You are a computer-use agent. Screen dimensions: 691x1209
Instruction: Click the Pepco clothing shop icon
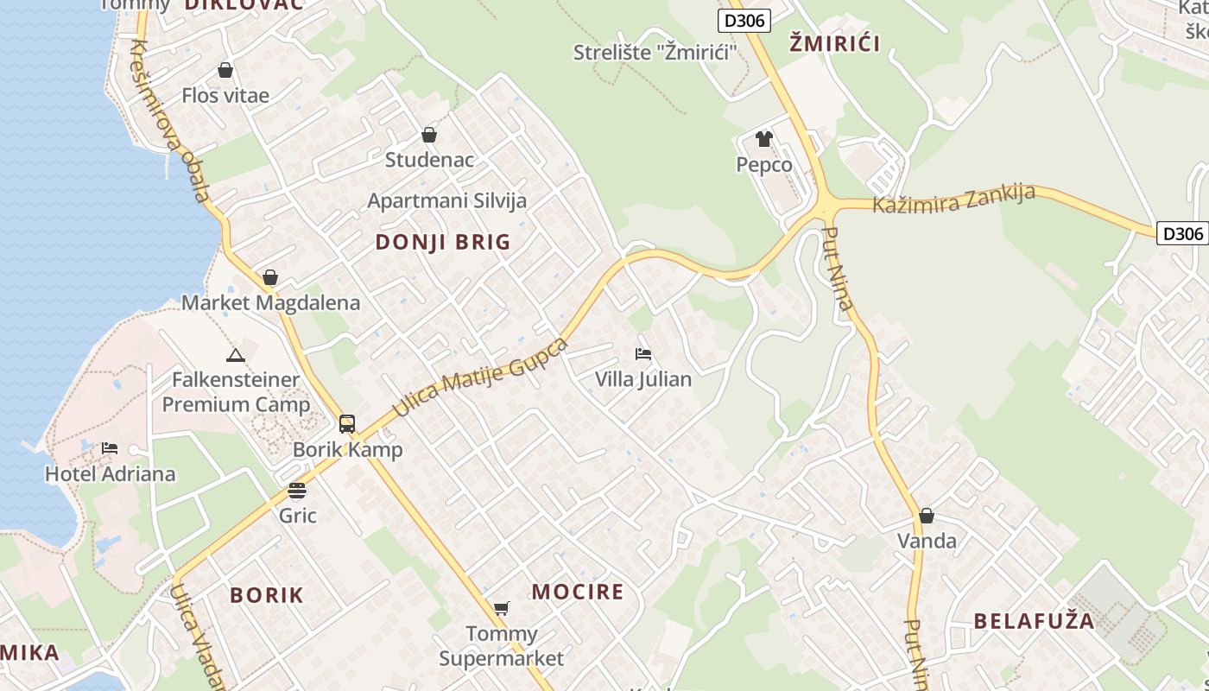[x=763, y=138]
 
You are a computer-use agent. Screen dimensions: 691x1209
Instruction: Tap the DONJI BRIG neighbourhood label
[x=443, y=243]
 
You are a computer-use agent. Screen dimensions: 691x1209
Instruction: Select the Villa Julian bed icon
[x=642, y=353]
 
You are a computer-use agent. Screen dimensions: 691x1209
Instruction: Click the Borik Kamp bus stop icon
[x=347, y=424]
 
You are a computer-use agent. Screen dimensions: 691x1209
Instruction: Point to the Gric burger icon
[x=297, y=491]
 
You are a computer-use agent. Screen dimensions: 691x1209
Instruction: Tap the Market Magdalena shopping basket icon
[x=270, y=277]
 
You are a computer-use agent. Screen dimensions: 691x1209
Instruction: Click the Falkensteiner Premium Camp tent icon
[x=235, y=355]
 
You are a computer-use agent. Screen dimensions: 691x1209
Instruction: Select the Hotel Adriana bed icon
[x=110, y=448]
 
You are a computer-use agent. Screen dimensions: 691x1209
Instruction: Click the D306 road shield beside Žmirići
[x=744, y=21]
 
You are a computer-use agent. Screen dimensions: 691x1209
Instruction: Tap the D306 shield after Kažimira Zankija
[x=1181, y=233]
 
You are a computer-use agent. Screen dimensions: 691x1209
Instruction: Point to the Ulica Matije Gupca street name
[x=480, y=377]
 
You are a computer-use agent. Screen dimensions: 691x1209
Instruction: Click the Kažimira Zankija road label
[x=953, y=199]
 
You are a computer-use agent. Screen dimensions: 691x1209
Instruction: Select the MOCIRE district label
[x=577, y=592]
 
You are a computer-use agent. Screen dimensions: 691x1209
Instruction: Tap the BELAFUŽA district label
[x=1034, y=621]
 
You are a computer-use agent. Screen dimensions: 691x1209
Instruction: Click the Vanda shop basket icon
[x=927, y=516]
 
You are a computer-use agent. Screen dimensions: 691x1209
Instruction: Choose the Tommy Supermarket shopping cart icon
[x=501, y=608]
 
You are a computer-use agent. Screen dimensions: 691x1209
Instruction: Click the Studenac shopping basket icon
[x=429, y=135]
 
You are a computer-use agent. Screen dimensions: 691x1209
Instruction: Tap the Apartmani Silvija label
[x=446, y=200]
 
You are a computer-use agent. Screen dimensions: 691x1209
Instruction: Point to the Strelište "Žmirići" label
[x=655, y=53]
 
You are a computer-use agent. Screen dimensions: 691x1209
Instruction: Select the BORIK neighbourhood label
[x=267, y=595]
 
